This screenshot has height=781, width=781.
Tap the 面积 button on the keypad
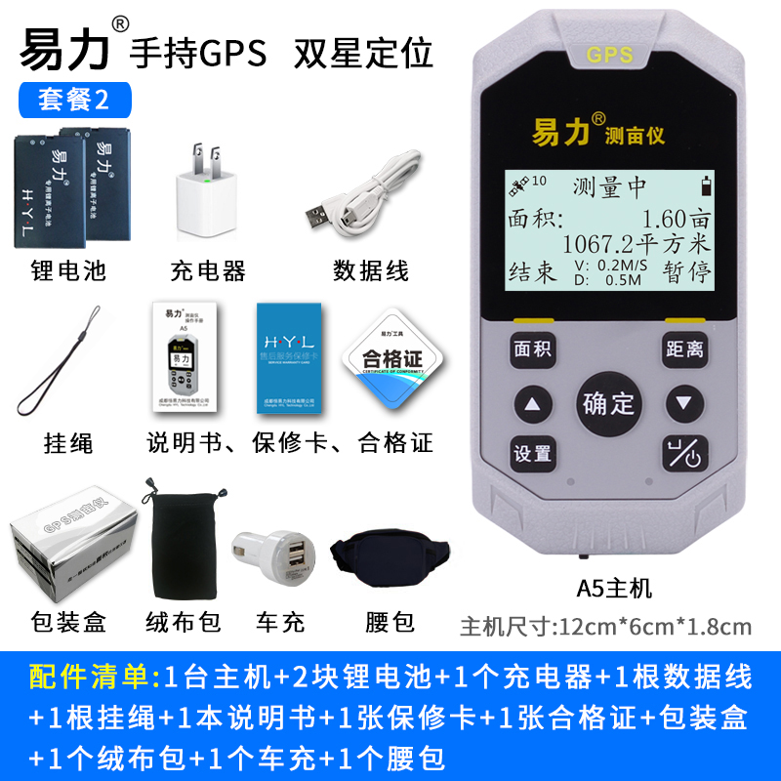tap(532, 349)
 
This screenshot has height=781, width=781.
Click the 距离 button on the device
tap(684, 349)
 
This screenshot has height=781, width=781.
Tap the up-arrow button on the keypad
tap(532, 402)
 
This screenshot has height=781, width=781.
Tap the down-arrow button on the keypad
tap(684, 402)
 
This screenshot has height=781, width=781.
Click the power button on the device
tap(684, 454)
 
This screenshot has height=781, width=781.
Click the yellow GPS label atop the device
tap(610, 55)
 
